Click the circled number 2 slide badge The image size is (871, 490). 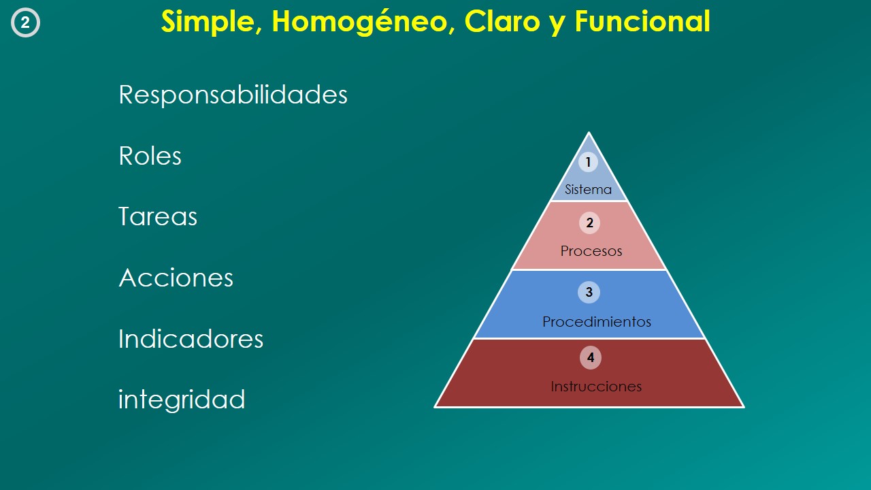click(25, 22)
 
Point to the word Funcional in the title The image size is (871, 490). click(642, 21)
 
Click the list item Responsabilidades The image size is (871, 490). click(233, 95)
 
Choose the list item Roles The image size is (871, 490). click(150, 156)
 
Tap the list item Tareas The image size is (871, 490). click(158, 216)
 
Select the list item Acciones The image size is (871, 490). click(176, 277)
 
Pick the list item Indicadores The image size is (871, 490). click(191, 338)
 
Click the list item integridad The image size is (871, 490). click(182, 399)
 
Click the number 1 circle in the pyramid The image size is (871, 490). click(588, 162)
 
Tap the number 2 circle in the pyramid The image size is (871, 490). click(589, 223)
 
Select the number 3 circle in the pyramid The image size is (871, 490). click(589, 292)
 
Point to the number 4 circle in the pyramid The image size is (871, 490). click(590, 357)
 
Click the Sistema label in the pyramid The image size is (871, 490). click(589, 189)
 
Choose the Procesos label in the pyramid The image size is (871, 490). click(591, 251)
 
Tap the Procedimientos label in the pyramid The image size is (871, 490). click(597, 322)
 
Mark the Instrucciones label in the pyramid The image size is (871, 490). click(596, 386)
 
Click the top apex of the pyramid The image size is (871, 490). click(589, 133)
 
